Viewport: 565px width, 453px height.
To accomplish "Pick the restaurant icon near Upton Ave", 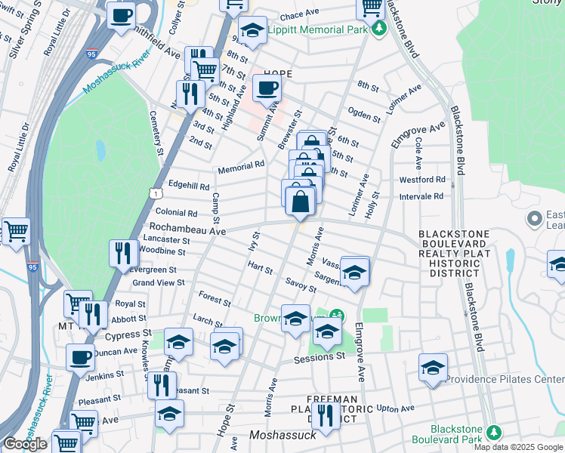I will coord(325,417).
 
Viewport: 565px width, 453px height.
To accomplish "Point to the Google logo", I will coord(25,444).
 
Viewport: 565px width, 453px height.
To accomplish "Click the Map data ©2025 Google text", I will coord(518,447).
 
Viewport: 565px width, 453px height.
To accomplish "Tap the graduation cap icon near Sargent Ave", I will coord(354,273).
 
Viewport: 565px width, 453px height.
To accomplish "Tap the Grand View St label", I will coord(159,282).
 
